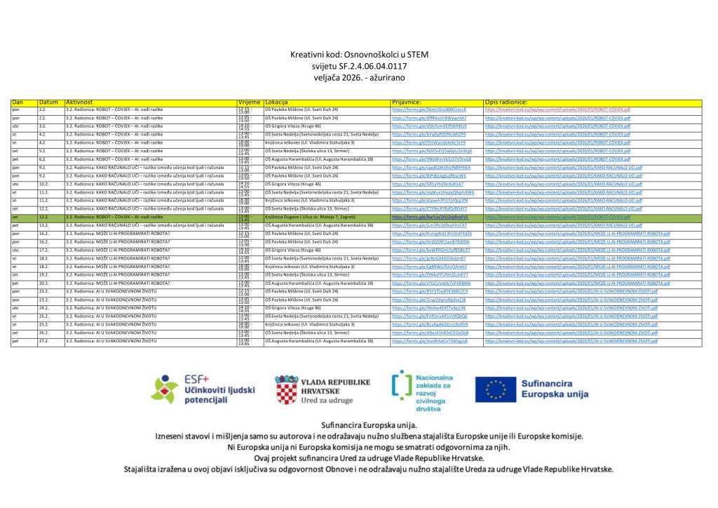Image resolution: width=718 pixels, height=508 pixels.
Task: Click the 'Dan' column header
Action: click(x=18, y=102)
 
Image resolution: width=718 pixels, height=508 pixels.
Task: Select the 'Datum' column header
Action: click(x=48, y=102)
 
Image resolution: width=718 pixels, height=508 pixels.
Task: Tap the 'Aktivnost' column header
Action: click(x=79, y=102)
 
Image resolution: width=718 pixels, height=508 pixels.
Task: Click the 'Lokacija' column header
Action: click(x=278, y=102)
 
